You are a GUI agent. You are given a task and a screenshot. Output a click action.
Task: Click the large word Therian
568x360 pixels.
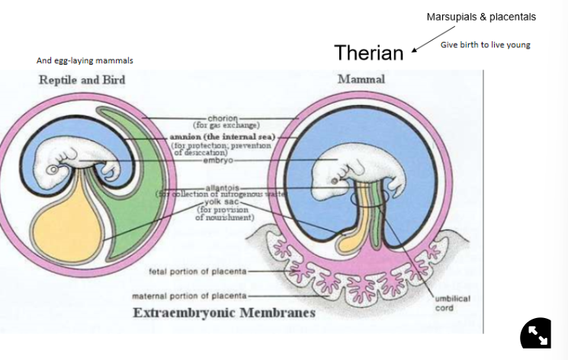(x=368, y=53)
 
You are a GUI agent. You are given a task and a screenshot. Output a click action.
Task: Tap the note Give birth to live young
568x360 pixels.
(x=485, y=45)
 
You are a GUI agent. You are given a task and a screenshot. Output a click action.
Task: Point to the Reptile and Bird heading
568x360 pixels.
(x=82, y=80)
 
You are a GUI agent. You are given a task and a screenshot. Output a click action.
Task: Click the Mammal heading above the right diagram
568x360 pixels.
(x=361, y=79)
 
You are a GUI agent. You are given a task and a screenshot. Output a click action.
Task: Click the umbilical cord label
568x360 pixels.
(x=453, y=304)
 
